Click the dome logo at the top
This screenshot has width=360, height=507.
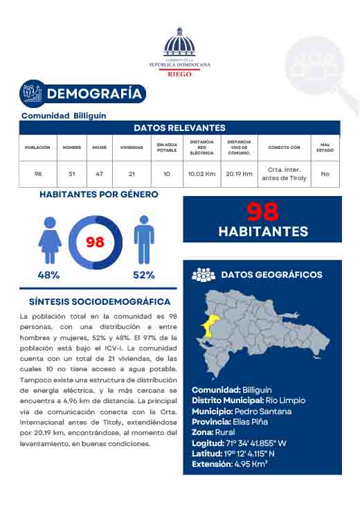pos(179,43)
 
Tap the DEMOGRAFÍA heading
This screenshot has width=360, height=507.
pos(96,94)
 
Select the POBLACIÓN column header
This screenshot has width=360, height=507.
pos(37,148)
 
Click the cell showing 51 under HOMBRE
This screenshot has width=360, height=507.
pos(72,174)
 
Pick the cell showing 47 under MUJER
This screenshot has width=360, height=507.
pos(99,174)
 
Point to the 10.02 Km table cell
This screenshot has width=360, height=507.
pos(201,174)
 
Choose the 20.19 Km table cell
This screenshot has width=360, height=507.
pos(239,174)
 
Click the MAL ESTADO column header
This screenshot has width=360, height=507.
pos(325,148)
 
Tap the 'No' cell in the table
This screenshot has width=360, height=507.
pos(325,174)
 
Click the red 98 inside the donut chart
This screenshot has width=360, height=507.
pos(95,242)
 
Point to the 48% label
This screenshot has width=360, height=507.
pos(48,275)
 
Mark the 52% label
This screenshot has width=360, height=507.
pos(143,275)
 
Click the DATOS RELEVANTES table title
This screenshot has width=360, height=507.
pos(179,128)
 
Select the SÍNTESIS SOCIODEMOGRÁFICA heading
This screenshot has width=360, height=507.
pos(100,302)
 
